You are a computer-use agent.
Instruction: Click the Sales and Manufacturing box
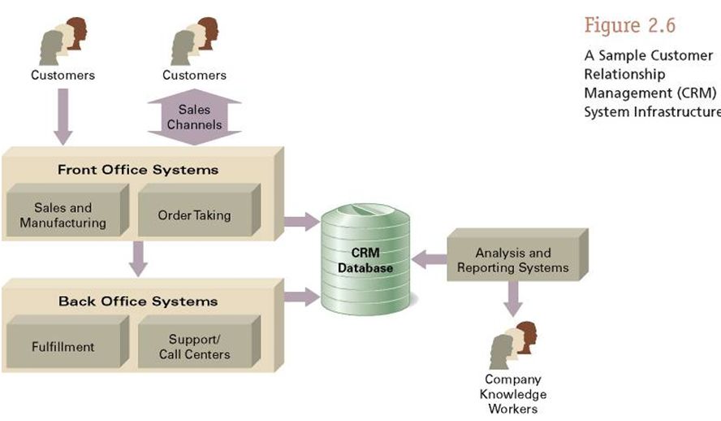tap(63, 215)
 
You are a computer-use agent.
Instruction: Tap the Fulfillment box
tap(63, 346)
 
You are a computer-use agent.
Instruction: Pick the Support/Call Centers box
tap(199, 346)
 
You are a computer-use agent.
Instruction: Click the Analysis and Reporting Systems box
tap(512, 260)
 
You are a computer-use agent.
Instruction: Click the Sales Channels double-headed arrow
tap(195, 116)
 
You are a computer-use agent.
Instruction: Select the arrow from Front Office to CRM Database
tap(301, 219)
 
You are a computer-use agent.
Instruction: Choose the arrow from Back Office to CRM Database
tap(301, 297)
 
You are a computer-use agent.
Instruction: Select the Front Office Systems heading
tap(137, 170)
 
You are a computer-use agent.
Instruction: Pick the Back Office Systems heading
tap(137, 302)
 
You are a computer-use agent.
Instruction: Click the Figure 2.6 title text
tap(629, 26)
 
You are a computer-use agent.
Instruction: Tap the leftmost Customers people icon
tap(63, 41)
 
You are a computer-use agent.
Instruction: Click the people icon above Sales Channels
tap(195, 41)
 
